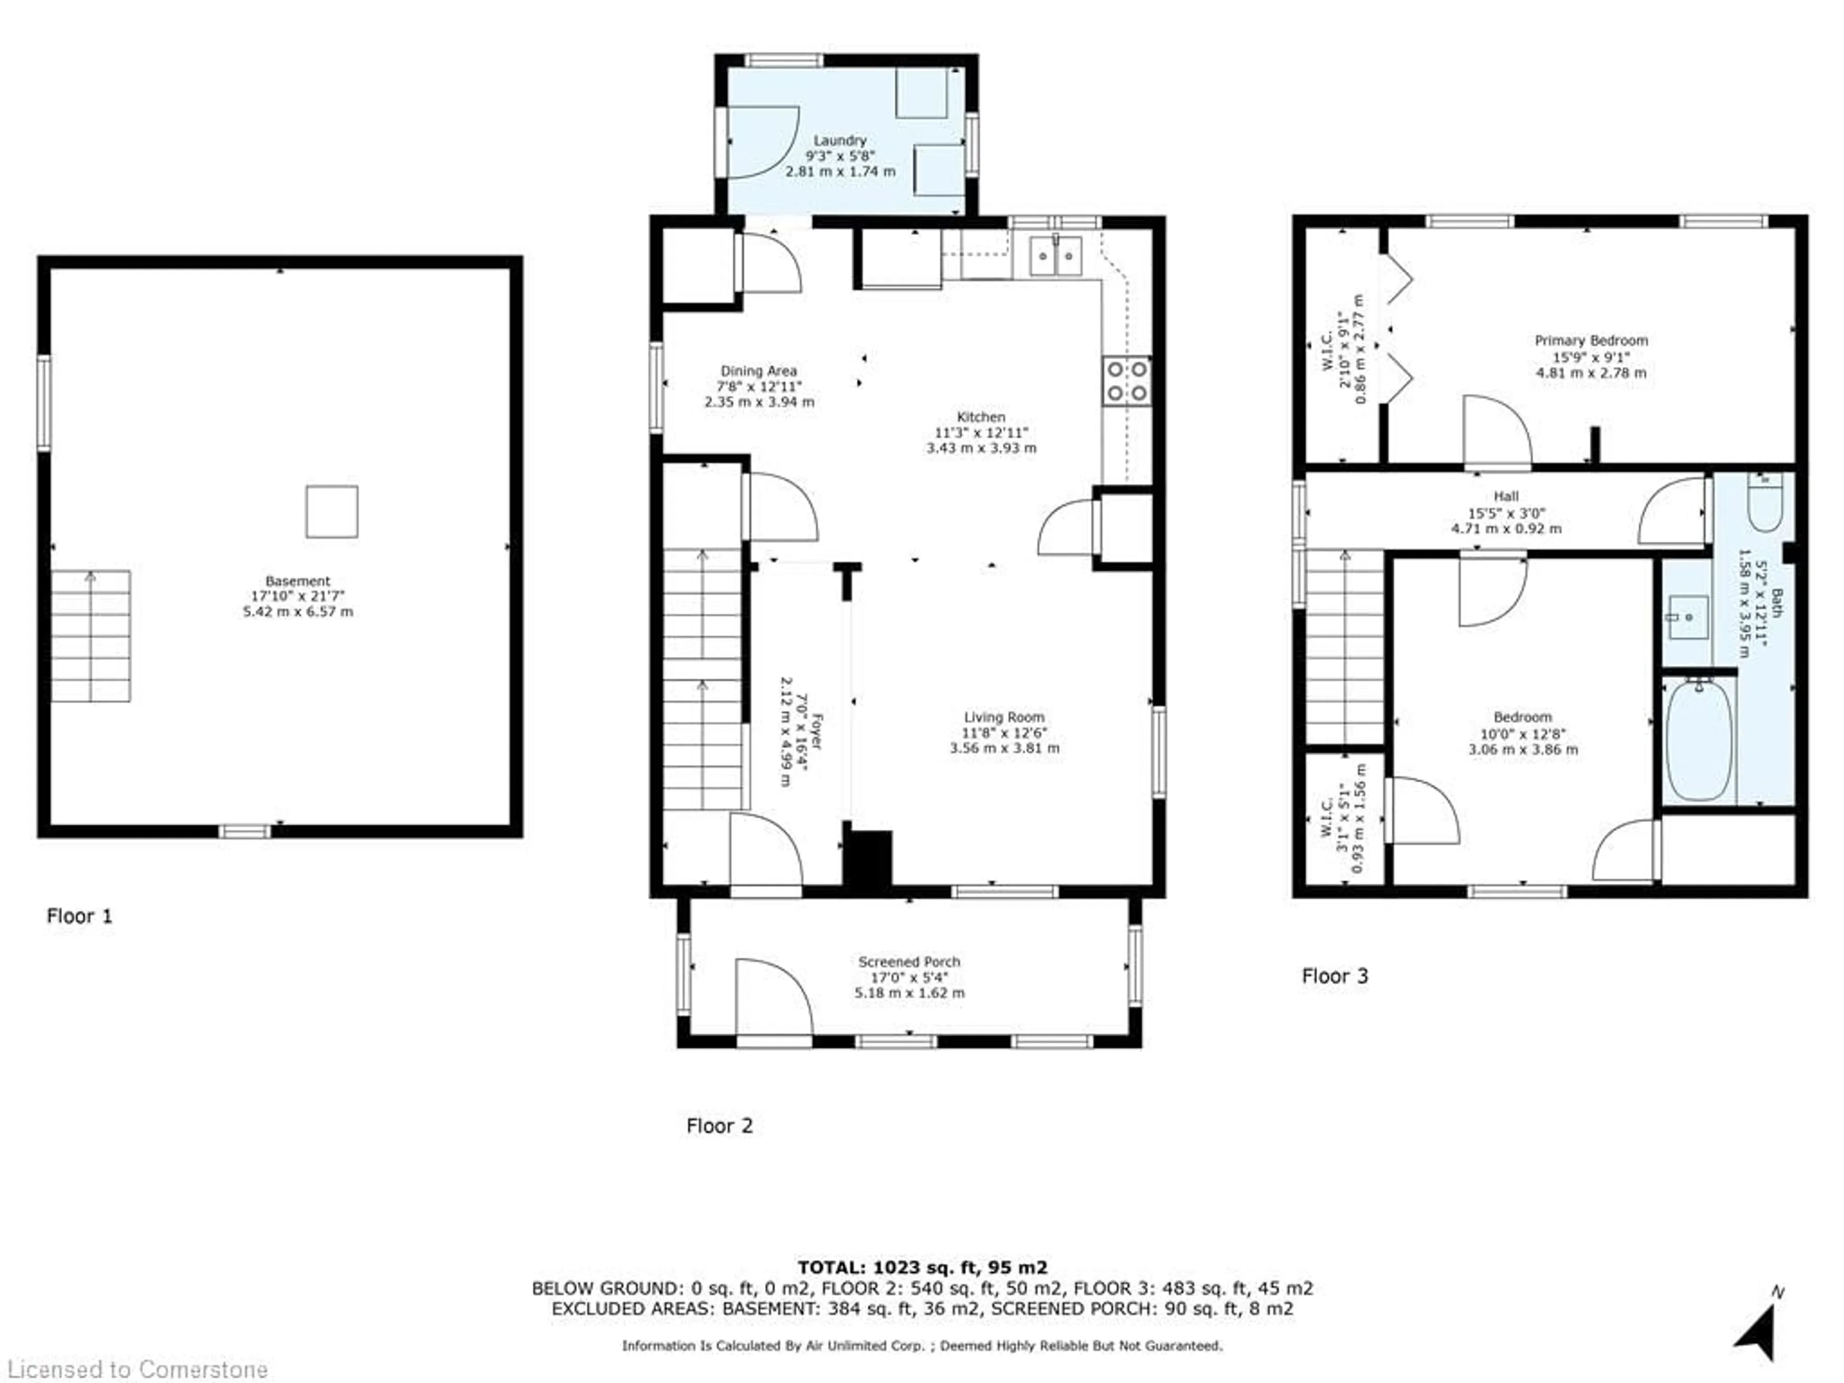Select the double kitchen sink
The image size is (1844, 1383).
[x=1055, y=256]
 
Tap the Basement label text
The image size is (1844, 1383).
[x=298, y=581]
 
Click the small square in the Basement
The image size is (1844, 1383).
[x=332, y=512]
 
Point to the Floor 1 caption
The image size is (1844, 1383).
[x=79, y=916]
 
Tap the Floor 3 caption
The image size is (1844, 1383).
[x=1334, y=976]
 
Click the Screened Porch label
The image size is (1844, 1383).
[x=910, y=962]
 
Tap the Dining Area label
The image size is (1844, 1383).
[x=759, y=371]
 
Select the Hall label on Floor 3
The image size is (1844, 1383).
[x=1506, y=496]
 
